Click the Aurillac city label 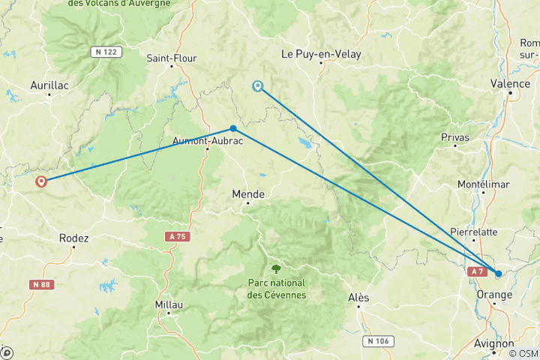tap(49, 85)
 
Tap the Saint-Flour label tap(172, 58)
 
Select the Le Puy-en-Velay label tap(320, 54)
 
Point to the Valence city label tap(509, 83)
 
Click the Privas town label tap(455, 137)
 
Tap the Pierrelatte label tap(473, 232)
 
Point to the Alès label tap(358, 298)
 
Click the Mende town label tap(248, 193)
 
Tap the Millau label tap(168, 304)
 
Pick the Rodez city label tap(73, 238)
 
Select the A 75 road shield tap(175, 235)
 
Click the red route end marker tap(40, 181)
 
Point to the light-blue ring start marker tap(258, 86)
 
